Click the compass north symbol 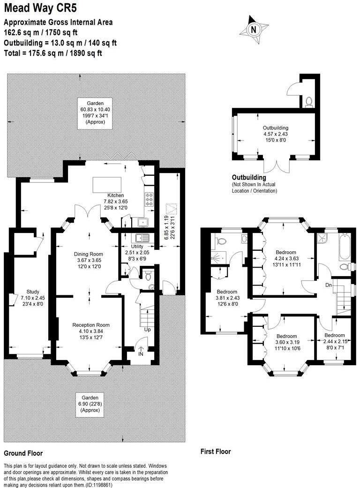pos(254,29)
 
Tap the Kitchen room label pos(115,195)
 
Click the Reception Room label pos(91,325)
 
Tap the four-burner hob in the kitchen pos(149,200)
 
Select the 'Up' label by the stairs pos(148,330)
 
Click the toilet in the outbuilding pos(308,101)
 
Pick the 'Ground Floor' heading pos(23,453)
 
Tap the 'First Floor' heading pos(216,452)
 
